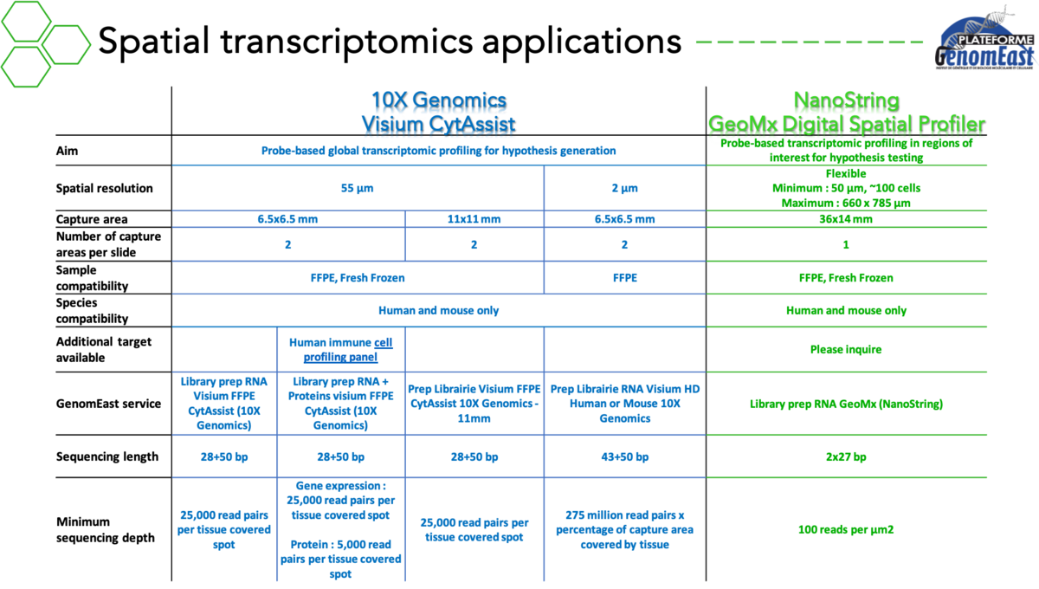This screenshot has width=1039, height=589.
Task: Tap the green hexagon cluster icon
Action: [43, 43]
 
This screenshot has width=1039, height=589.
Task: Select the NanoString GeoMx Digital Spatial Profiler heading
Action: [846, 113]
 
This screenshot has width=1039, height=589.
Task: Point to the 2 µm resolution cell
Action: [624, 188]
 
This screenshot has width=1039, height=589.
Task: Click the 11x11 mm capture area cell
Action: [474, 219]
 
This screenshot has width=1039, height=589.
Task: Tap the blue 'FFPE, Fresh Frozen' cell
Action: [358, 278]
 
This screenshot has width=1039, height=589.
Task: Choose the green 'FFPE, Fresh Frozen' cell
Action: [846, 278]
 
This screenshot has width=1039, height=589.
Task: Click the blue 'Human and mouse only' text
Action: [438, 310]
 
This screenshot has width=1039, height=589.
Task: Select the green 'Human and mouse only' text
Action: [846, 310]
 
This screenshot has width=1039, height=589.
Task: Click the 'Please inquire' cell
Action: [846, 351]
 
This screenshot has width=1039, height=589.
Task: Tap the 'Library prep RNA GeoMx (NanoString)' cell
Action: [846, 404]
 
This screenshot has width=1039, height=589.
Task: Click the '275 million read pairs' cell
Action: [624, 530]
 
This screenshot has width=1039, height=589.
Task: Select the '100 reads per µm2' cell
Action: [846, 530]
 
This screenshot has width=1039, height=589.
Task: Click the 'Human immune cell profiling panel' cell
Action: [340, 349]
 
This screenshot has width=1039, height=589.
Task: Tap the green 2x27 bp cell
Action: [846, 456]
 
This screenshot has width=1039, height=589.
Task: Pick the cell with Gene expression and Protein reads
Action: [340, 530]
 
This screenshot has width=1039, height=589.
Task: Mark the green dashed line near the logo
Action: [810, 42]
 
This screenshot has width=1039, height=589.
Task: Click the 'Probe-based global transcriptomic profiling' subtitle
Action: [438, 151]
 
